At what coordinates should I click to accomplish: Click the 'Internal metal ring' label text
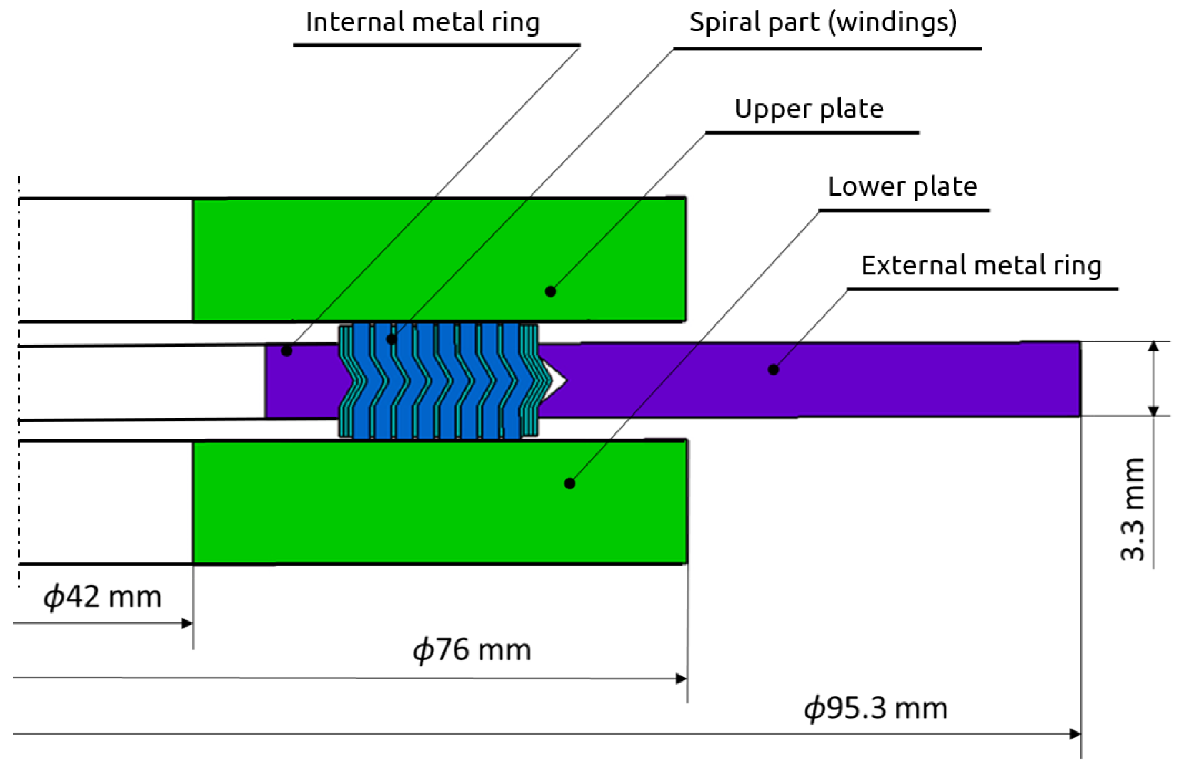coord(422,23)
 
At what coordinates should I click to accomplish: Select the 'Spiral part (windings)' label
coord(823,23)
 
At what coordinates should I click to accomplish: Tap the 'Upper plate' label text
coord(809,109)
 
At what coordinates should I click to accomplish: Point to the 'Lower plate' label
coord(902,187)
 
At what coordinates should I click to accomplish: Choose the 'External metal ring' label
coord(981,266)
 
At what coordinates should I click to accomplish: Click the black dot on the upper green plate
coord(551,291)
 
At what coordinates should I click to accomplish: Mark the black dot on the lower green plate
coord(570,483)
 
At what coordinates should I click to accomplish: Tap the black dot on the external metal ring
coord(773,369)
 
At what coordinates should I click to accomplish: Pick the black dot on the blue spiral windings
coord(391,339)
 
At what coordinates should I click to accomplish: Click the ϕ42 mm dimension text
coord(102,597)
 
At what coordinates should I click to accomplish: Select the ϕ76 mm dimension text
coord(472,650)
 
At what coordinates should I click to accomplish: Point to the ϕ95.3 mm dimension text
coord(875,708)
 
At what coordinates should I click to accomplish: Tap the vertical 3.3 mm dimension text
coord(1133,510)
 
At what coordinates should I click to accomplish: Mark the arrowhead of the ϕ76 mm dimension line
coord(682,679)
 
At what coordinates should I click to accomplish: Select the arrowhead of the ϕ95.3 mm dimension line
coord(1075,734)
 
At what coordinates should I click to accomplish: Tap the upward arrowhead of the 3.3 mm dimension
coord(1153,346)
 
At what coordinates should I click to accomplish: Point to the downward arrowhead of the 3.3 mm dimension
coord(1153,411)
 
